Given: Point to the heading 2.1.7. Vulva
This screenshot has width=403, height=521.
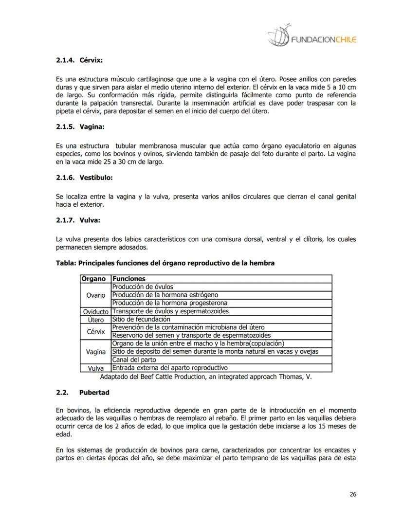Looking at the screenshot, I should (x=78, y=220).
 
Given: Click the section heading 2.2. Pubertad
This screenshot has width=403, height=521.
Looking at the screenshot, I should (x=83, y=392).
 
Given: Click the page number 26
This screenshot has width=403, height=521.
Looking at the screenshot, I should (x=353, y=494).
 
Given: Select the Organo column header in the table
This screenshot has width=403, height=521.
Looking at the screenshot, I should (x=95, y=279).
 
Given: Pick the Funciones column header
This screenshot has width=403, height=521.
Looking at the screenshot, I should (x=128, y=279).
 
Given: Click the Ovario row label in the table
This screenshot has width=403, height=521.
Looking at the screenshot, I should (x=95, y=295).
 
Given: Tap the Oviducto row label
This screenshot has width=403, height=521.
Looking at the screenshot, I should (x=95, y=311).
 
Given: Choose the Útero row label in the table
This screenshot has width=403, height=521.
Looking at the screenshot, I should (x=95, y=320).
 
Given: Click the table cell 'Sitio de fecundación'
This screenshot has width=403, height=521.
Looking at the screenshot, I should (x=141, y=320).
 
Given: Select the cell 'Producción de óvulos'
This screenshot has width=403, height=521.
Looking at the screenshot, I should (x=143, y=287).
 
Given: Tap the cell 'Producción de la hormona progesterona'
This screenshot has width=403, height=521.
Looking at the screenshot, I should (x=169, y=303).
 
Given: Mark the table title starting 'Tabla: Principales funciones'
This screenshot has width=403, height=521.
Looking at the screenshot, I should (x=165, y=263).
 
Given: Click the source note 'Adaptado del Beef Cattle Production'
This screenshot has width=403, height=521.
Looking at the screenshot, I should (x=205, y=377).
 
